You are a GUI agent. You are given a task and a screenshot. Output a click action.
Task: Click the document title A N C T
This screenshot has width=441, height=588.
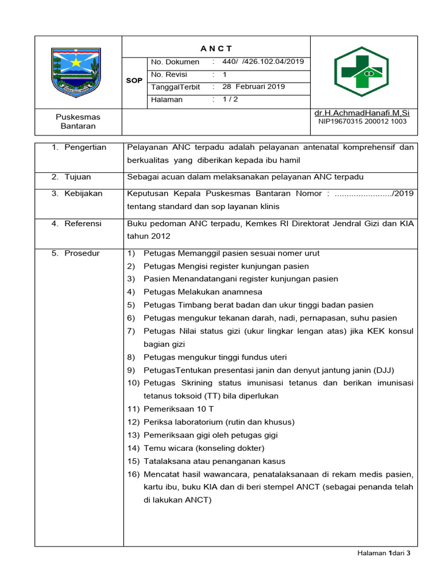pos(216,48)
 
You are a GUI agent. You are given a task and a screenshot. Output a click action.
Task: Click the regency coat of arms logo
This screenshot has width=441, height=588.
pos(76,72)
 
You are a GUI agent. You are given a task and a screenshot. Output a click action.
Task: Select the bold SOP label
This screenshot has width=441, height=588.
pos(134,81)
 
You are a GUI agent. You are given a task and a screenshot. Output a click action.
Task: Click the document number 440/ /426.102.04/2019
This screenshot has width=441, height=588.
pos(263,62)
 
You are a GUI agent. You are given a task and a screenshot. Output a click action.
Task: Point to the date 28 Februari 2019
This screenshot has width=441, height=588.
pos(253,87)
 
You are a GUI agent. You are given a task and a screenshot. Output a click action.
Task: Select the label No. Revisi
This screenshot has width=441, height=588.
pos(169,75)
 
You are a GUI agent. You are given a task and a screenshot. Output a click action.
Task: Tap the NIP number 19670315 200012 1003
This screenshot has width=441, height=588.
pos(362,122)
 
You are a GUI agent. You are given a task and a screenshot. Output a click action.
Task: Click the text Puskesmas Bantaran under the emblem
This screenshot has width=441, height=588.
pos(79,121)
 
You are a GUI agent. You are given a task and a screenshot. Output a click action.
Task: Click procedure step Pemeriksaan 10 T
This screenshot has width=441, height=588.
pos(179,409)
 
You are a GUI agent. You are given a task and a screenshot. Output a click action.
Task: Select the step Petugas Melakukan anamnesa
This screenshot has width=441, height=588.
pos(194,292)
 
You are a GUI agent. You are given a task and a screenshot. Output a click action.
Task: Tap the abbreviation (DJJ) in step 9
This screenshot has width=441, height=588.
pos(382,370)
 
